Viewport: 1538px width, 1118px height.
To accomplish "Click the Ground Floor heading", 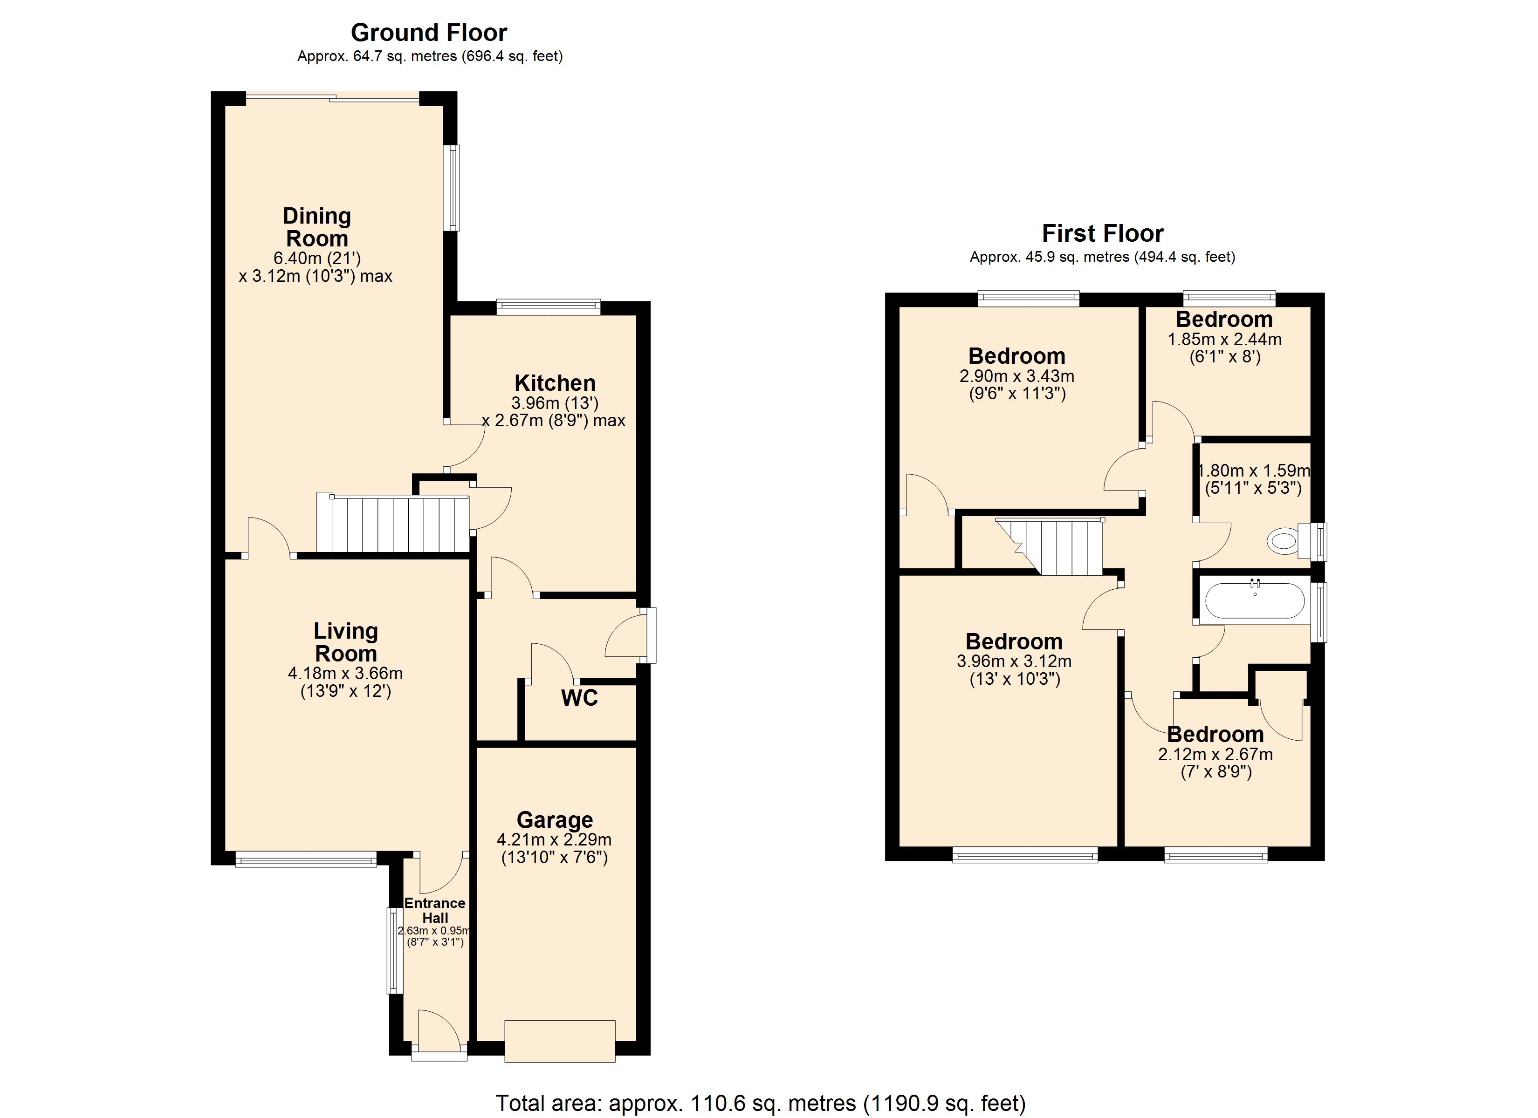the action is (429, 33).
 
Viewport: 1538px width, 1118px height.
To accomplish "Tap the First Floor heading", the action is (1103, 233).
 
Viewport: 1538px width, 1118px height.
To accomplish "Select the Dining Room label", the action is (316, 227).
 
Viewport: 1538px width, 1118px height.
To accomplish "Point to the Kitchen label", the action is (555, 382).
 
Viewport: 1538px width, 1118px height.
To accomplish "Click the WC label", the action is (580, 698).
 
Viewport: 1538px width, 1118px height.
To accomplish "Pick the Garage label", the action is (555, 820).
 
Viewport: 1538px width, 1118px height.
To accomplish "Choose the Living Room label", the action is (346, 642).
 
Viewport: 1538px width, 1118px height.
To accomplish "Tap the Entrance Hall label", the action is (435, 911).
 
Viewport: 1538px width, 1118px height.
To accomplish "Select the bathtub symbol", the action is (1255, 600).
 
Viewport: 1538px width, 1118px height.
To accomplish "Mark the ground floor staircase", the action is (393, 524).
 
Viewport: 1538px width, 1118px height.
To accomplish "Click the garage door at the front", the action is (560, 1041).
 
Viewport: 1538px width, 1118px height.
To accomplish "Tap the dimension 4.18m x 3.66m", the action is (345, 673).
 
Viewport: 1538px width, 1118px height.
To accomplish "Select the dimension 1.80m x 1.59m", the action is (1254, 470).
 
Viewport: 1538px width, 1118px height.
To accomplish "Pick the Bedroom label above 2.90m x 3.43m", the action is (1016, 356).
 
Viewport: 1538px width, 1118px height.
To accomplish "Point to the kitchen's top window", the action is (549, 307).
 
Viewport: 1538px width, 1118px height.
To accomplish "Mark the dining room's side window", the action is (452, 188).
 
